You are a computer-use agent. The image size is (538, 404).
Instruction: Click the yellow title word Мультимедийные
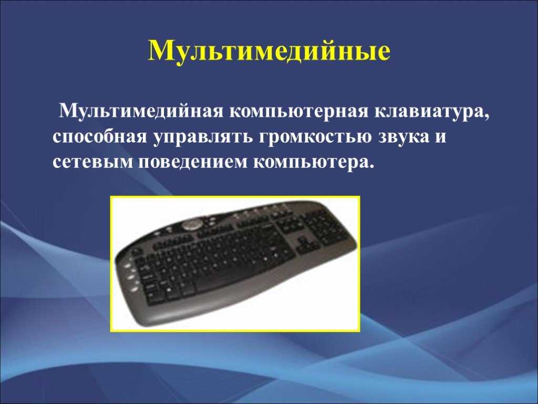(270, 52)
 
